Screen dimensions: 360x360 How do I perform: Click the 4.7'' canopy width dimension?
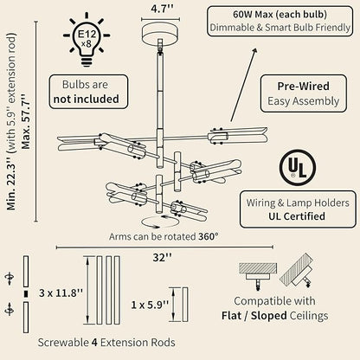click(162, 9)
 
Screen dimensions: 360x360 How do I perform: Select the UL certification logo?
click(298, 168)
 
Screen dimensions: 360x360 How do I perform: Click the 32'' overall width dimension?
click(163, 257)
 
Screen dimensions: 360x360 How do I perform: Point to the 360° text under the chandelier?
click(209, 236)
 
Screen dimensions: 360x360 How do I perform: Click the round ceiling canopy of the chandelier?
click(160, 34)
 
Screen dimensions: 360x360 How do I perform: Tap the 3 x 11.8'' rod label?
click(61, 293)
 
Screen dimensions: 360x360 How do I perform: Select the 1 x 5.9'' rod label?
click(150, 305)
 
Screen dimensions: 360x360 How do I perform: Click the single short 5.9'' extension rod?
click(185, 305)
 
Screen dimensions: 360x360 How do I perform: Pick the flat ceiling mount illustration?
click(258, 275)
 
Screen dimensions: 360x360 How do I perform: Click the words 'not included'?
click(87, 99)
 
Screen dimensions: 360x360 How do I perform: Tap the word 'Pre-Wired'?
click(303, 86)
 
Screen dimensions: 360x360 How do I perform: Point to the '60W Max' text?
click(253, 15)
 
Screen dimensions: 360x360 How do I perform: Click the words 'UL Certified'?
click(297, 216)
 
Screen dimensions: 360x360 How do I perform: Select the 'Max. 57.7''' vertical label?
click(26, 121)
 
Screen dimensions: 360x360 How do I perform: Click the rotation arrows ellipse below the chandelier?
click(160, 222)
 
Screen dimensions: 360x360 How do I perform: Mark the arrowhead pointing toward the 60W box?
click(254, 51)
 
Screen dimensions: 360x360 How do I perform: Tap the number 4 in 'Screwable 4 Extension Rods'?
click(94, 343)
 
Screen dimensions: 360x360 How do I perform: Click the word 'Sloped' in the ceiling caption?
click(268, 315)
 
